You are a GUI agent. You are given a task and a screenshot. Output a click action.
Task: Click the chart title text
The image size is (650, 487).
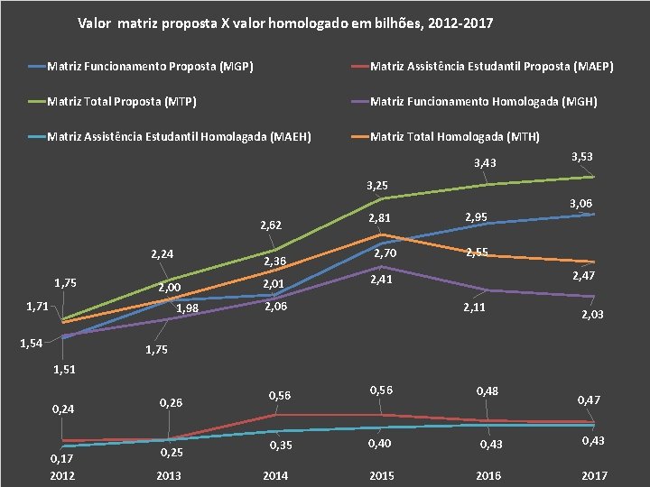coord(285,23)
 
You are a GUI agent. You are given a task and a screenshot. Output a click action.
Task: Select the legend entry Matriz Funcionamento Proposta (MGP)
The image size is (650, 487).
coord(150,66)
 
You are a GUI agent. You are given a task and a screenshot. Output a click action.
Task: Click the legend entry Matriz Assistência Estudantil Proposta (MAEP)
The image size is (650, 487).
coord(491,66)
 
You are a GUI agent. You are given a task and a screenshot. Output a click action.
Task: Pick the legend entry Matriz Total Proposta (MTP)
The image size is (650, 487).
coord(122,102)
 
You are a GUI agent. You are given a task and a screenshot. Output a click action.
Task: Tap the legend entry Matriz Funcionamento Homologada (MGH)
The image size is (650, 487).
coord(484,102)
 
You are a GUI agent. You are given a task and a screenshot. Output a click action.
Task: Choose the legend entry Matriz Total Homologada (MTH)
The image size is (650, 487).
coord(455,137)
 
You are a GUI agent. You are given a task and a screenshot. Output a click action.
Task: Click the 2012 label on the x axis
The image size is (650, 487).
coord(63,475)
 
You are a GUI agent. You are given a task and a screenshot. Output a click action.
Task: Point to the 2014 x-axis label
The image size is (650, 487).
coord(275,475)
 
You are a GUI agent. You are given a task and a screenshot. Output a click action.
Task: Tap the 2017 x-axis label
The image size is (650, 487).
coord(594,475)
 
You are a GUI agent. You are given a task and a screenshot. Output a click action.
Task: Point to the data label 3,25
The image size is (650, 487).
coord(377,186)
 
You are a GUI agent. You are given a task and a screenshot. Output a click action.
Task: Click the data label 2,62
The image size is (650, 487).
coord(272,225)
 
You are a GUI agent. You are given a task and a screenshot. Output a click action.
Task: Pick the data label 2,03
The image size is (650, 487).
coord(593,314)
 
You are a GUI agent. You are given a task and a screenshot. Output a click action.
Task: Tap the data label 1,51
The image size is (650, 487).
coord(64,369)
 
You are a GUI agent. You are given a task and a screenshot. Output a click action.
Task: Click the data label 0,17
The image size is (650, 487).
coord(61,459)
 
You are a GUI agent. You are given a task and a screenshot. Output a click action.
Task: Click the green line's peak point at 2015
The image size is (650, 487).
coord(382,198)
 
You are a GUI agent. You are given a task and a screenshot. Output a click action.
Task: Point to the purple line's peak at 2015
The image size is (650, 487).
coord(382,266)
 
